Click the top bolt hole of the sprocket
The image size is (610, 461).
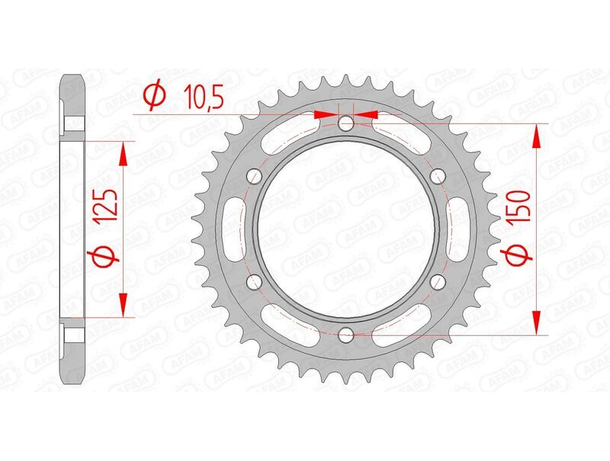point(346,123)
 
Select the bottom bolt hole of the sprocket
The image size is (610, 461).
point(346,334)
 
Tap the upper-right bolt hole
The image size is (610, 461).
point(438,176)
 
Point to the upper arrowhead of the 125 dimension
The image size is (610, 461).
point(122,154)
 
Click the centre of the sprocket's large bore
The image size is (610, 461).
point(346,229)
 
